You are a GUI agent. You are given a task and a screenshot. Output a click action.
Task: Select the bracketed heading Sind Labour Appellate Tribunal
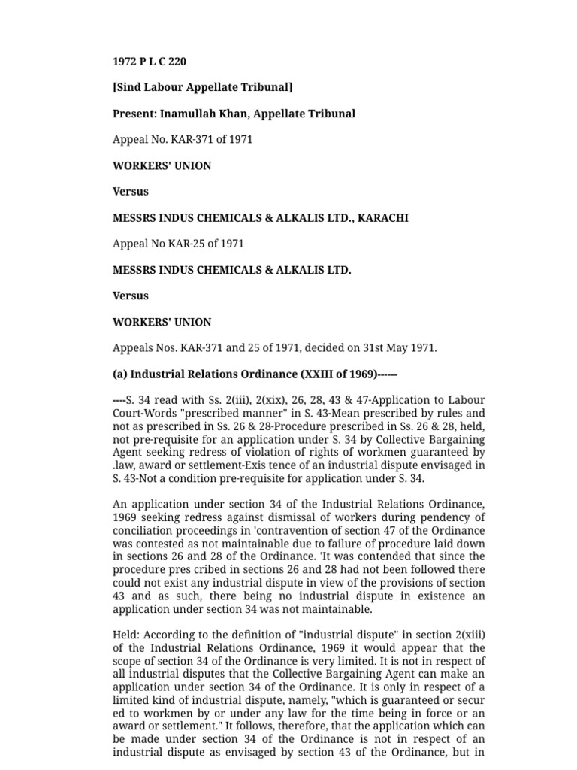202,87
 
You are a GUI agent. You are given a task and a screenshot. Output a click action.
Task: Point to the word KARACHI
383,218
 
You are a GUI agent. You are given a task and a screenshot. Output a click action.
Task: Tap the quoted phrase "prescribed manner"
265,414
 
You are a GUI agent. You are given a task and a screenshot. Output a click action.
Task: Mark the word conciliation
143,530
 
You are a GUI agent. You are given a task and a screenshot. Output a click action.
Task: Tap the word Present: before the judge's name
134,114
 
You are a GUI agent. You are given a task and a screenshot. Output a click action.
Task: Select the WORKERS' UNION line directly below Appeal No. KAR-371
162,165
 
